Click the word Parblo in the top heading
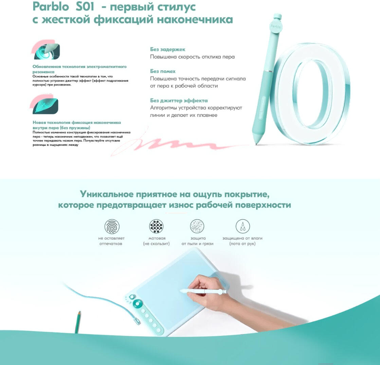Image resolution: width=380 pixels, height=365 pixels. (51, 6)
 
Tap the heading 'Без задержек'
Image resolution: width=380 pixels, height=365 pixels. (167, 50)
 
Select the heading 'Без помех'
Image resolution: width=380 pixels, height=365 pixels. (163, 71)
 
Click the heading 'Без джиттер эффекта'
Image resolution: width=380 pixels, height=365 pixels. (179, 100)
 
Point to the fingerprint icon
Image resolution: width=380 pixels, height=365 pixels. (112, 226)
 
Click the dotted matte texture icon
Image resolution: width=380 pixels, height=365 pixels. (156, 226)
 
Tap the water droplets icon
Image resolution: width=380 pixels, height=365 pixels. (242, 226)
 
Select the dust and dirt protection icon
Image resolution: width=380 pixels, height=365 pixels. (197, 226)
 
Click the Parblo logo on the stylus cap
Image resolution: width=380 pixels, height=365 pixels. (276, 27)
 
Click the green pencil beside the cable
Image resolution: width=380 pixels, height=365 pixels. (78, 322)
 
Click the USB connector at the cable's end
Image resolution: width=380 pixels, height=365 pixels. (138, 322)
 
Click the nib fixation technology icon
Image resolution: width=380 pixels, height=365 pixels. (44, 104)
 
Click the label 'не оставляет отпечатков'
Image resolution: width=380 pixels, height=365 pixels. (111, 241)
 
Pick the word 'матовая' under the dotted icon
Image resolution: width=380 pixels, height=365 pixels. (157, 238)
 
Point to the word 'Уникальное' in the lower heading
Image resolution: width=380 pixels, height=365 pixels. (107, 194)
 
